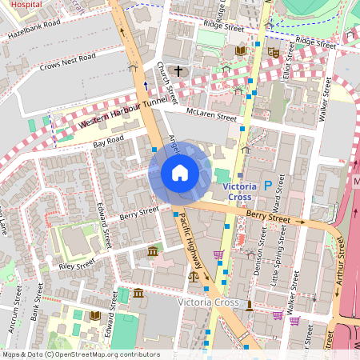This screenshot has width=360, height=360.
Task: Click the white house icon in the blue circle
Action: [179, 173]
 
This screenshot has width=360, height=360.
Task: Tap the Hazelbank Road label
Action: [34, 30]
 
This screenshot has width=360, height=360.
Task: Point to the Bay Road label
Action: [109, 142]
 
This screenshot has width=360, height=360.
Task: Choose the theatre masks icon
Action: [273, 51]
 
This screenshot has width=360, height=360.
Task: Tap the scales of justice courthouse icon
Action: [193, 274]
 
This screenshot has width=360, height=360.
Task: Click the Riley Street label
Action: [77, 265]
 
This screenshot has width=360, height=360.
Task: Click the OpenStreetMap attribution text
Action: [81, 354]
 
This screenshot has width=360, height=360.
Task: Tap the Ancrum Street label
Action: [16, 311]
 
